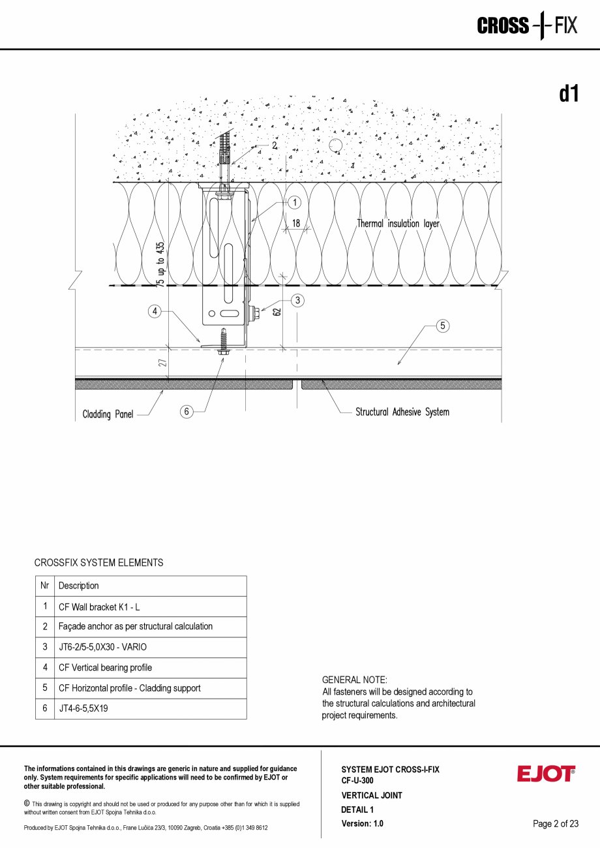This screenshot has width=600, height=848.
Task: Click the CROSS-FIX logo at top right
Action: [527, 26]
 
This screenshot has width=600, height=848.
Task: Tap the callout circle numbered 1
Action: [294, 203]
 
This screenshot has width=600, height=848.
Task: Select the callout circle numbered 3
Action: [297, 300]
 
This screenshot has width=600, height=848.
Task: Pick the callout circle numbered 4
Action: [155, 312]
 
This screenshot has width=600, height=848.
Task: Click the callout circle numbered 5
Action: [443, 326]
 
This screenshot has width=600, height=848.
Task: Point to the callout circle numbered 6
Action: [187, 412]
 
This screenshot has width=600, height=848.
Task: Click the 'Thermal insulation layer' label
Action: [398, 224]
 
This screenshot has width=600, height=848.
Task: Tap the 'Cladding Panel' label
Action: [108, 414]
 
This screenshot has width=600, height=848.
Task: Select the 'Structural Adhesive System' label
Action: [402, 412]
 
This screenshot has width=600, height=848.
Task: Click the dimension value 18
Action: [296, 223]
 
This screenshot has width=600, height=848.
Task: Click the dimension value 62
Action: [277, 312]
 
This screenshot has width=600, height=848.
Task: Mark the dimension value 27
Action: [163, 361]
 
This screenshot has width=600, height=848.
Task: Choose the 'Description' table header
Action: [79, 586]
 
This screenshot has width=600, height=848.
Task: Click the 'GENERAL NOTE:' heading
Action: [354, 680]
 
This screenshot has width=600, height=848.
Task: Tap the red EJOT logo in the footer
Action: [546, 774]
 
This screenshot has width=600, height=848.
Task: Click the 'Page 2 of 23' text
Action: [555, 824]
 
